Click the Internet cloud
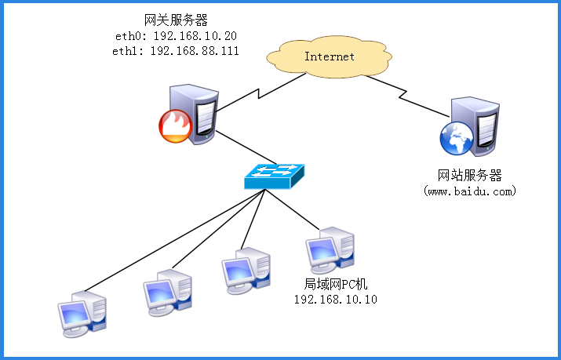coord(329,56)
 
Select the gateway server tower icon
coord(197,113)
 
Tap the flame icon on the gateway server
coord(174,126)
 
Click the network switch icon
coord(275,176)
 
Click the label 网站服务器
coord(469,174)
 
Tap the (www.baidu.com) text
coord(469,190)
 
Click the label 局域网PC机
coord(335,285)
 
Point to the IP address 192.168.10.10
coord(335,300)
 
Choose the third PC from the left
coord(245,271)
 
